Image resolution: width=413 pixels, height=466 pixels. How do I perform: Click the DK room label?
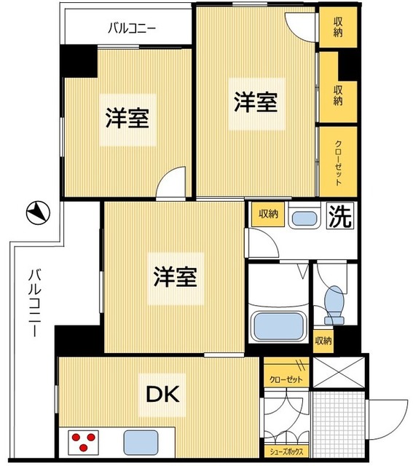pyautogui.click(x=164, y=394)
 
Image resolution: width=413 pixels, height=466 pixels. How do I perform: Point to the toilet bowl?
pyautogui.click(x=334, y=304)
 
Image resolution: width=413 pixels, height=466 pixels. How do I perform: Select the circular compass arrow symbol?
pyautogui.click(x=37, y=213)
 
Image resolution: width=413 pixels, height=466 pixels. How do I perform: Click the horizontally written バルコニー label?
pyautogui.click(x=132, y=29)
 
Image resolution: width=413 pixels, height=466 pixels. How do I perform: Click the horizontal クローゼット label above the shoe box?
pyautogui.click(x=286, y=380)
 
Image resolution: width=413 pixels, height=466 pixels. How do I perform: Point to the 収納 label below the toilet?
pyautogui.click(x=323, y=340)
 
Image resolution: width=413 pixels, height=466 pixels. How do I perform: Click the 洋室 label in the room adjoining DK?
pyautogui.click(x=175, y=276)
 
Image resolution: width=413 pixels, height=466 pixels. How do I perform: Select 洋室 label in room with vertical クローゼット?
pyautogui.click(x=255, y=103)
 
